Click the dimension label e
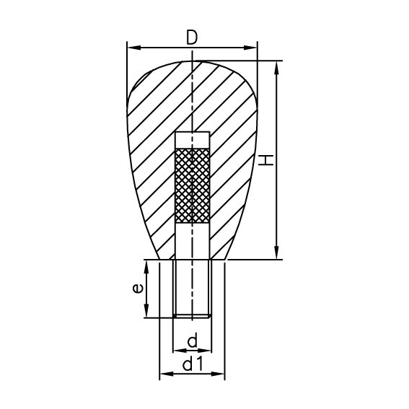pyautogui.click(x=138, y=289)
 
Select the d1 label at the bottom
pyautogui.click(x=192, y=365)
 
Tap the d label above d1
pyautogui.click(x=192, y=340)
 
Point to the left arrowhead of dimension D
pyautogui.click(x=131, y=48)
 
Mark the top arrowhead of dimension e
pyautogui.click(x=147, y=265)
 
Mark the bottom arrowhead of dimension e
pyautogui.click(x=147, y=313)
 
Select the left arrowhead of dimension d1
pyautogui.click(x=162, y=374)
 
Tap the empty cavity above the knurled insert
pyautogui.click(x=193, y=140)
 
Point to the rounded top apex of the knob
pyautogui.click(x=193, y=62)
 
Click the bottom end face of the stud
pyautogui.click(x=193, y=316)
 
